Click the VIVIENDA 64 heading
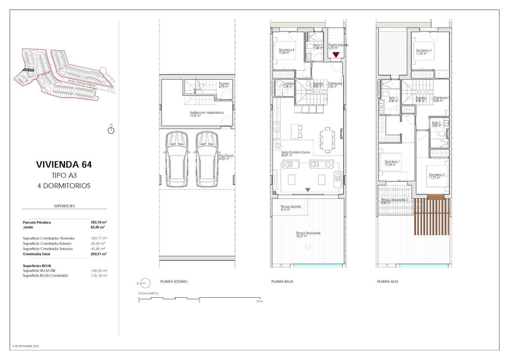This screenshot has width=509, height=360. click(64, 164)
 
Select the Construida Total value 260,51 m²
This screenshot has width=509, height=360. click(99, 254)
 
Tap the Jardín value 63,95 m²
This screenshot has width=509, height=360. click(97, 227)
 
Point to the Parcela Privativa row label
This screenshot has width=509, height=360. click(37, 222)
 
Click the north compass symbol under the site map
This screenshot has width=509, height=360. click(111, 130)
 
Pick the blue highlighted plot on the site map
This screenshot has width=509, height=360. click(28, 70)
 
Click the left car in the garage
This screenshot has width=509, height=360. click(176, 159)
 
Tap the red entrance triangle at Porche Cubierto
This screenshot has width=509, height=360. click(336, 55)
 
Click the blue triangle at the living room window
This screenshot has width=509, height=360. click(308, 190)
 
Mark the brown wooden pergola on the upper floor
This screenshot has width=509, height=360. click(432, 215)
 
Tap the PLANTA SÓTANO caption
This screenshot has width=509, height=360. click(174, 281)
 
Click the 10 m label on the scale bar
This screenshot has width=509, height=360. click(259, 301)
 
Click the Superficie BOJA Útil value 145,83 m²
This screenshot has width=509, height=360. click(99, 270)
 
